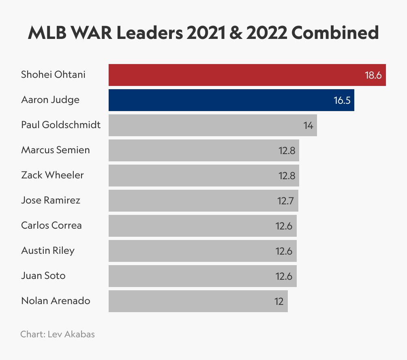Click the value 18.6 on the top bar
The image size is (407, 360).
pyautogui.click(x=373, y=75)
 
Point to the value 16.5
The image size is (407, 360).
pyautogui.click(x=342, y=101)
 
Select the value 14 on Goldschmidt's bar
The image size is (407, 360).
pyautogui.click(x=308, y=126)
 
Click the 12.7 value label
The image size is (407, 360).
pyautogui.click(x=286, y=201)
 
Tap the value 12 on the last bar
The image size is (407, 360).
pyautogui.click(x=278, y=302)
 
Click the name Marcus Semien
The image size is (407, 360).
pyautogui.click(x=56, y=150)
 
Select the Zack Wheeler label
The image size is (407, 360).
pyautogui.click(x=52, y=175)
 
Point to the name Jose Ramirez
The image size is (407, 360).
pyautogui.click(x=51, y=200)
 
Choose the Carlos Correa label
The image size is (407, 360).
pyautogui.click(x=51, y=225)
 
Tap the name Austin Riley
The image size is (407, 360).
pyautogui.click(x=48, y=251)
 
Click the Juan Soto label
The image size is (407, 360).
pyautogui.click(x=43, y=276)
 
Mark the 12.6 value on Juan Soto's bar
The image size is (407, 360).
pyautogui.click(x=284, y=276)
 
